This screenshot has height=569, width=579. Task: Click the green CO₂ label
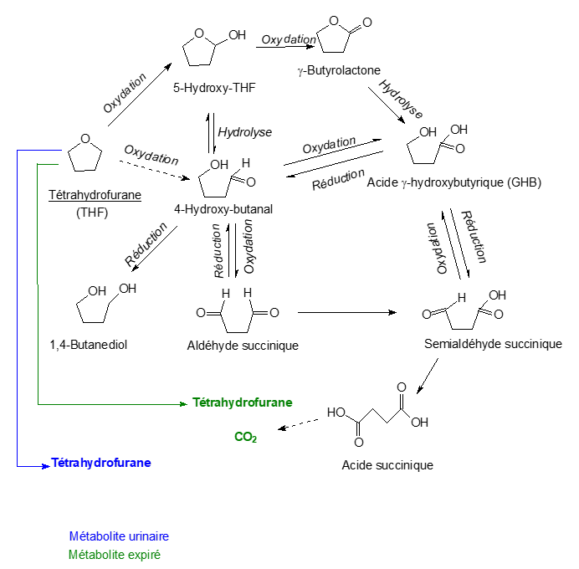click(245, 437)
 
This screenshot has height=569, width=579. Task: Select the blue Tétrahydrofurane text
click(101, 462)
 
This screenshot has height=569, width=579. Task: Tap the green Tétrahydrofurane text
click(242, 402)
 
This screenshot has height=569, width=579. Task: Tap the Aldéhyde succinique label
click(243, 344)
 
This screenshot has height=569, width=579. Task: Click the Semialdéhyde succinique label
click(494, 344)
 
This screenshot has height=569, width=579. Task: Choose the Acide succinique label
click(387, 464)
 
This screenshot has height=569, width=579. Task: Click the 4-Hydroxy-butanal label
click(224, 208)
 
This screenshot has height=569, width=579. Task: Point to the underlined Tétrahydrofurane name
click(95, 195)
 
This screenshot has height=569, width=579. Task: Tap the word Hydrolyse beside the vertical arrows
click(244, 132)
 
